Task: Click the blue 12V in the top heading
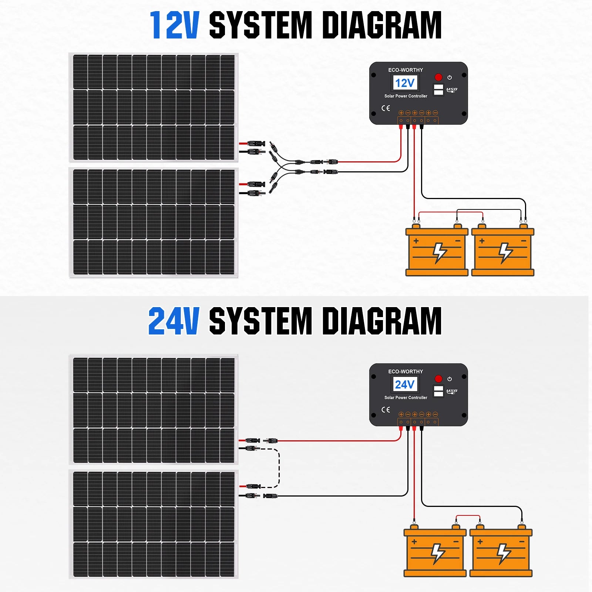175,25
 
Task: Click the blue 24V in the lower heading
174,321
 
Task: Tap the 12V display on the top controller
405,83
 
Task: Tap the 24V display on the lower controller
405,384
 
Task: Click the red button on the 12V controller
438,77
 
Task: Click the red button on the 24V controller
438,379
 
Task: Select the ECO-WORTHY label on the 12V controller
406,70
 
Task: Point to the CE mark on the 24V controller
386,410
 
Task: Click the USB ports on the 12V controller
438,90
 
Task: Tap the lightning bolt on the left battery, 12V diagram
440,253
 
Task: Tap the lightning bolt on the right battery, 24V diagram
504,554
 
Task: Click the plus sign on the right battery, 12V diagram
482,241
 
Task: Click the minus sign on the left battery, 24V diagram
456,542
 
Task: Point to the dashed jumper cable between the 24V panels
279,468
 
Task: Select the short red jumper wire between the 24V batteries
468,516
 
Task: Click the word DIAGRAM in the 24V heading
382,321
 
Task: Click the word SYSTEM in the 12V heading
261,25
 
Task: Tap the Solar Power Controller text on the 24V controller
406,398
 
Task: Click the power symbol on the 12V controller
450,77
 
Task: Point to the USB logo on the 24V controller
452,391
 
